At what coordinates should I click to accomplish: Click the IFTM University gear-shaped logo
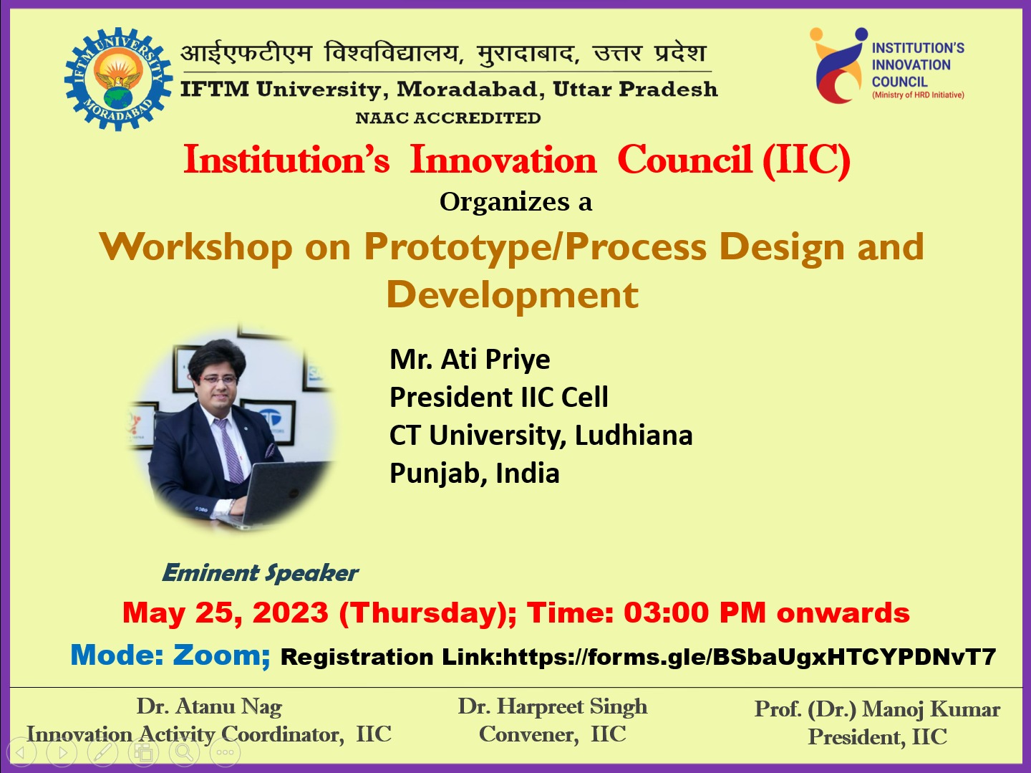coord(118,80)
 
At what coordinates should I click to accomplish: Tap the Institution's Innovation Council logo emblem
coord(838,67)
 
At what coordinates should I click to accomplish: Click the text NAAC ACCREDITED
coord(448,118)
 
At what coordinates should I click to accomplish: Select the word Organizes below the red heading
coord(505,202)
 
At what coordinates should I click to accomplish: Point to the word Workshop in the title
coord(196,247)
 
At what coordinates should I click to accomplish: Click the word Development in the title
coord(513,295)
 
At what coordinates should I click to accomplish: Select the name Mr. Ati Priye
coord(470,359)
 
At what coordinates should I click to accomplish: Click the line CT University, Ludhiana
coord(541,436)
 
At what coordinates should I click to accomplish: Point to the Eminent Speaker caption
coord(261,573)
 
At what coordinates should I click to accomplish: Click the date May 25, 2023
coord(226,613)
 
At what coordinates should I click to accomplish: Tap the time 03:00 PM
coord(694,613)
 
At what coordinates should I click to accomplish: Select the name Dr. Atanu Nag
coord(209,707)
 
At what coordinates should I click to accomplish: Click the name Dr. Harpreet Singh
coord(552,707)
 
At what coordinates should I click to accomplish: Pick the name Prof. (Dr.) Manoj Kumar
coord(877,709)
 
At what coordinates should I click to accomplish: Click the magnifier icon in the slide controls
coord(184,752)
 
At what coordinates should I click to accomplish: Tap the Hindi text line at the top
coord(444,54)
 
